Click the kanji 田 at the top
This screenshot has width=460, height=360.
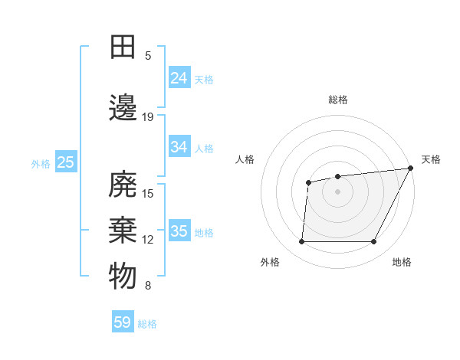pos(123,47)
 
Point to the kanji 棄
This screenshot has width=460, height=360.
pos(123,231)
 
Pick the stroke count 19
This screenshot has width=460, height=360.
pos(148,116)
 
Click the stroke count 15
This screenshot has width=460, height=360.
pos(148,193)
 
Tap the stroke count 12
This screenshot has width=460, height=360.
pos(148,240)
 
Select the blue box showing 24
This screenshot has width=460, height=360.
pos(179,78)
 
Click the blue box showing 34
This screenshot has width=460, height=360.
pos(179,147)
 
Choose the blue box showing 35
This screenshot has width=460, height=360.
pos(179,231)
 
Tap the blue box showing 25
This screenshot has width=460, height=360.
pos(65,162)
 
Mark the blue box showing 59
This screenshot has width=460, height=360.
pos(123,322)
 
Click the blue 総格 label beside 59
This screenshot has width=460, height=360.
pos(147,324)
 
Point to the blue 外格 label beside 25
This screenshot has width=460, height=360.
pos(41,163)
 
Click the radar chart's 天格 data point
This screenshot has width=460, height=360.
pos(411,169)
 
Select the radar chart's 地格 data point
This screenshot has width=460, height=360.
pos(374,242)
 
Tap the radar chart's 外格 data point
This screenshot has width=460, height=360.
pos(301,242)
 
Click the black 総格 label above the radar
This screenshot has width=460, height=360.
pos(337,100)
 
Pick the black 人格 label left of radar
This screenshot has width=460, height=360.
pos(245,159)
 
